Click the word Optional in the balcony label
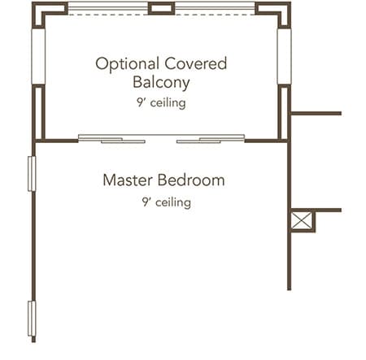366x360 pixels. tap(127, 64)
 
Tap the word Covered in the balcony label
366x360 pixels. tap(195, 63)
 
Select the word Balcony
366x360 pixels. tap(161, 82)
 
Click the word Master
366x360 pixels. tap(128, 180)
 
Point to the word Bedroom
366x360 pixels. tap(191, 180)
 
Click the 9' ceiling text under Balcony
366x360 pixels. tap(161, 103)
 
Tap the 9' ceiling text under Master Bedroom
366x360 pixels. tap(167, 202)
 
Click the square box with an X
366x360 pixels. tap(302, 221)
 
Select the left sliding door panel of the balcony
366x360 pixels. tap(111, 138)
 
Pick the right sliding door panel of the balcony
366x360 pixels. tap(211, 138)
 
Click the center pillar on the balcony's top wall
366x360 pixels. tap(161, 8)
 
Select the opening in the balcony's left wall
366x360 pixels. tap(38, 56)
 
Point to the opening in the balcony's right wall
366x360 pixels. tap(284, 56)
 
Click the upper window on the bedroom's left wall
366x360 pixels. tap(32, 174)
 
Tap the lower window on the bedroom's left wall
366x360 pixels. tap(32, 319)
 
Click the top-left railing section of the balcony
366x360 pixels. tap(108, 8)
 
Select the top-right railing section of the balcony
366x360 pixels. tap(215, 8)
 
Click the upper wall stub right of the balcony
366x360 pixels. tap(316, 113)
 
